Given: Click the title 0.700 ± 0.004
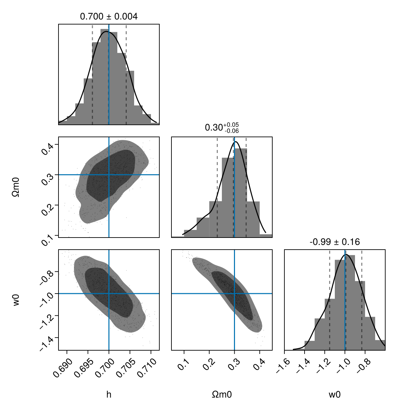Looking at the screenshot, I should tap(109, 16).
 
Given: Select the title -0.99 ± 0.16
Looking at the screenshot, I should tap(334, 242).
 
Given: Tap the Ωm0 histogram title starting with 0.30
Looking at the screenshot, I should tap(222, 128).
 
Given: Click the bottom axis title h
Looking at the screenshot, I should tap(109, 395).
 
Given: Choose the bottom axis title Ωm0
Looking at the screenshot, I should tap(222, 395).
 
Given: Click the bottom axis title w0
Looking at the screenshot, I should tap(334, 395).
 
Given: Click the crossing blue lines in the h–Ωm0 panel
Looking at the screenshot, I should tap(109, 174).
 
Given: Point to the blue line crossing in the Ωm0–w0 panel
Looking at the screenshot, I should tap(234, 294).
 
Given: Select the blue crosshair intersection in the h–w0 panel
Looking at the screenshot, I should tap(109, 294).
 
